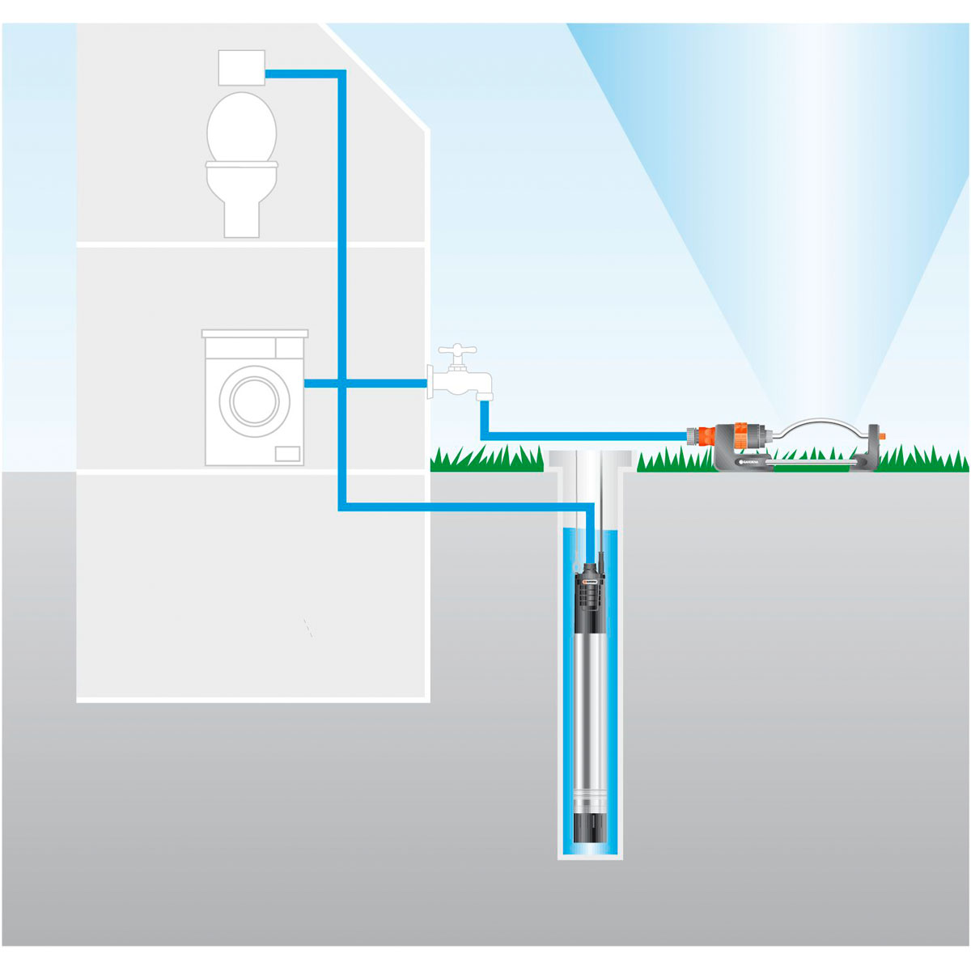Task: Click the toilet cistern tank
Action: (x=242, y=67)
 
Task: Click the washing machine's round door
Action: (x=254, y=400)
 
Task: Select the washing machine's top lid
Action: (x=255, y=333)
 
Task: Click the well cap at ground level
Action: (x=589, y=462)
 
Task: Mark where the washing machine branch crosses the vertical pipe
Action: (x=341, y=384)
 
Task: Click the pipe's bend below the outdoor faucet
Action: (x=485, y=436)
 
